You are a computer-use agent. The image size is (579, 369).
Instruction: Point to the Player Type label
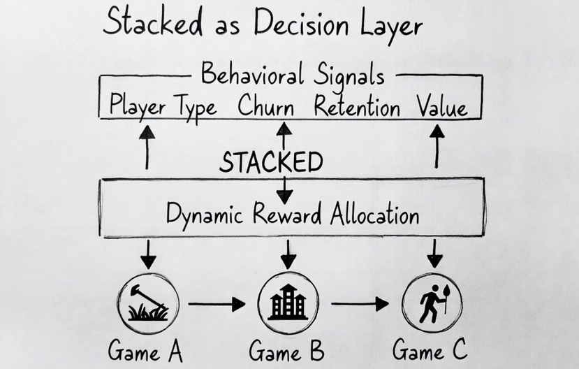pyautogui.click(x=163, y=108)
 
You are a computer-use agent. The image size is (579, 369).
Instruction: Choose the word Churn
pyautogui.click(x=265, y=108)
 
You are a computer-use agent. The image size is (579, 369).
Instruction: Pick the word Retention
pyautogui.click(x=357, y=108)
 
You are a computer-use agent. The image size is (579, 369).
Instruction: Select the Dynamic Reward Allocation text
pyautogui.click(x=293, y=214)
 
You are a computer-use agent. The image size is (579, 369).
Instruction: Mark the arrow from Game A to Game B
pyautogui.click(x=217, y=304)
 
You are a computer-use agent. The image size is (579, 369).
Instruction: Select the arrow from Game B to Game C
pyautogui.click(x=359, y=304)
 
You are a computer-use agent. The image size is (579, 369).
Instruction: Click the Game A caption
pyautogui.click(x=145, y=349)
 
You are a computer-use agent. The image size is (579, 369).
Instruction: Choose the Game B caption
pyautogui.click(x=286, y=349)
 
